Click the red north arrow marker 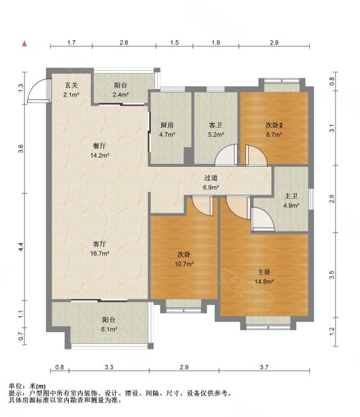[x=24, y=43]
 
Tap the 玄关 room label [x=72, y=85]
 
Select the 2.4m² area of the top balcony [x=121, y=95]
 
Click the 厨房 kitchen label [x=167, y=125]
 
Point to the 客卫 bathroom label [x=215, y=125]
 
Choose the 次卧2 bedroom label [x=274, y=125]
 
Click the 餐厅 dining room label [x=99, y=146]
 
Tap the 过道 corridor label [x=211, y=178]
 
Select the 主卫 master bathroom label [x=291, y=196]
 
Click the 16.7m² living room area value [x=99, y=254]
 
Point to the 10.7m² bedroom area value [x=184, y=264]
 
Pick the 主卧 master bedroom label [x=264, y=272]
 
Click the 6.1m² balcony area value [x=109, y=329]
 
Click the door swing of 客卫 [x=225, y=155]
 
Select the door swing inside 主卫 [x=263, y=219]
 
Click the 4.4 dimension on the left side [x=21, y=247]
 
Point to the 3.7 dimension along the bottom [x=264, y=367]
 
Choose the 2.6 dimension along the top [x=124, y=42]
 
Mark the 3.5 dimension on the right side [x=332, y=275]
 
